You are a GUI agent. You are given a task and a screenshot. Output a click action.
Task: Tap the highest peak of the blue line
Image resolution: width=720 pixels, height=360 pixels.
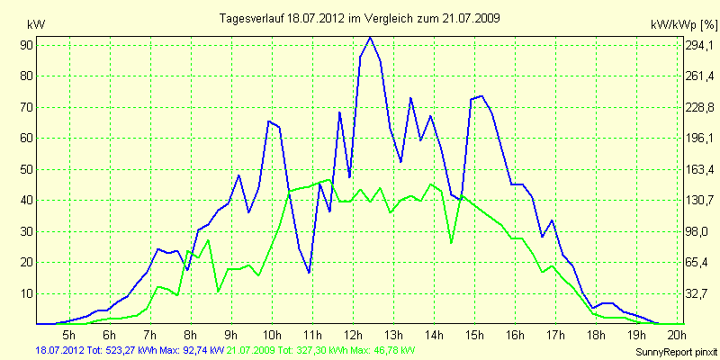(370, 37)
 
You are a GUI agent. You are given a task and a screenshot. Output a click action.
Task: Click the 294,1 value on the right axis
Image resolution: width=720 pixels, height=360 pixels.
(699, 45)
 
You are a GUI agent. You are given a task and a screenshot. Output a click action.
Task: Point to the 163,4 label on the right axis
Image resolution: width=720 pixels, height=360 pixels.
(699, 169)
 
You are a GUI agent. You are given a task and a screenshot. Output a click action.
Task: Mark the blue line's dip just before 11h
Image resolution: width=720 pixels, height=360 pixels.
(309, 273)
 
